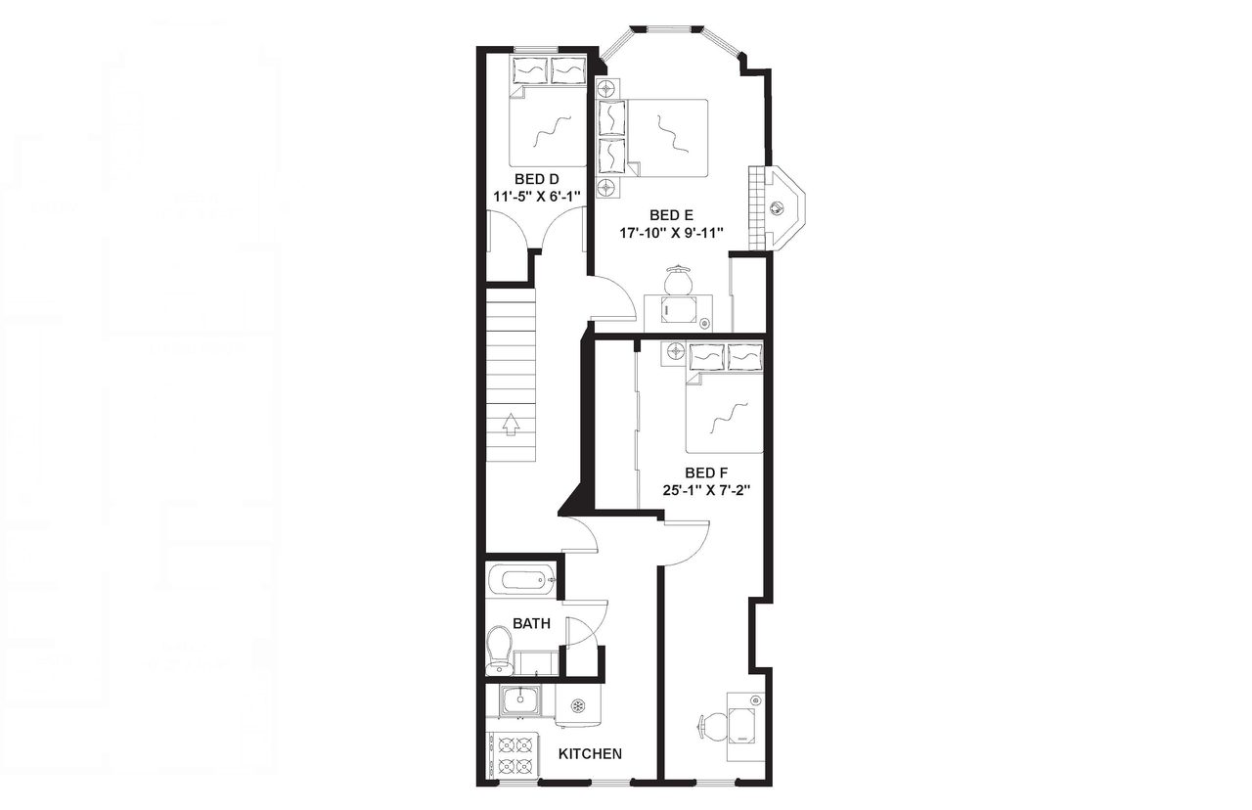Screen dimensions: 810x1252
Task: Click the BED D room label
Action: pyautogui.click(x=537, y=178)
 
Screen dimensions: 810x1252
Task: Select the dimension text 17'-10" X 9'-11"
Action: pyautogui.click(x=670, y=233)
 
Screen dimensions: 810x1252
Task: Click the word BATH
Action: pyautogui.click(x=531, y=623)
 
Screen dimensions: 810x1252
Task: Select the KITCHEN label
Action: pyautogui.click(x=590, y=754)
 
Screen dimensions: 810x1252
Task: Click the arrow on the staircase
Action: pyautogui.click(x=510, y=424)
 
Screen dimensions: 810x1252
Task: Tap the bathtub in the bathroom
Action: pyautogui.click(x=521, y=581)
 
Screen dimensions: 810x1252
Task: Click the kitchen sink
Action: pyautogui.click(x=518, y=700)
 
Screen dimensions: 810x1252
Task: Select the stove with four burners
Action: pyautogui.click(x=512, y=753)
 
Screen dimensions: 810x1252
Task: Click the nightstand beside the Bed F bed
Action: pyautogui.click(x=674, y=351)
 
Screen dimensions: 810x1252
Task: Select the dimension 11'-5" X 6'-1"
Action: pyautogui.click(x=537, y=196)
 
